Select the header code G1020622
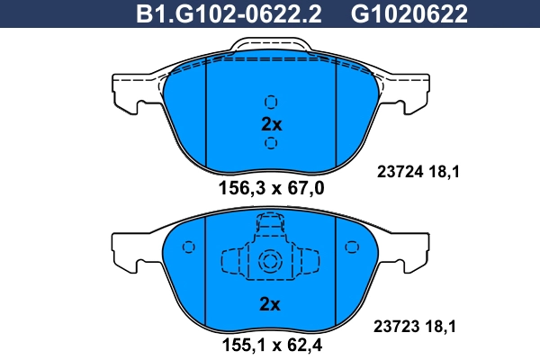coord(409,13)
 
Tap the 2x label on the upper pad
coord(272,123)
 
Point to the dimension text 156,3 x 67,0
coord(272,188)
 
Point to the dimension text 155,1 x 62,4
coord(272,344)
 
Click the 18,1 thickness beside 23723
coord(445,328)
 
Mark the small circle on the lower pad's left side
coord(188,247)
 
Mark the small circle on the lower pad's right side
coord(352,247)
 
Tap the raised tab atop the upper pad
coord(271,46)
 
